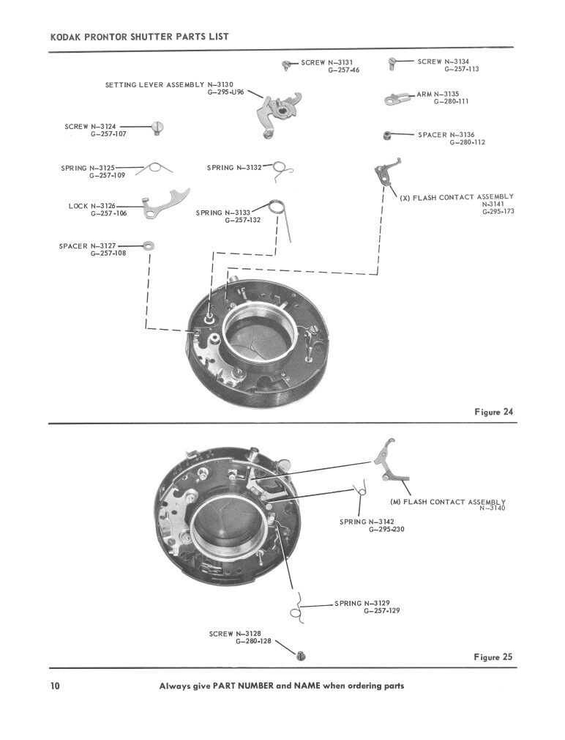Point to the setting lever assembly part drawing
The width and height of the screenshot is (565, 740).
tap(279, 111)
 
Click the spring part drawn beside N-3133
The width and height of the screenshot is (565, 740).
tap(279, 213)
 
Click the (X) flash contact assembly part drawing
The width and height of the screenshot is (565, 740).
tap(385, 173)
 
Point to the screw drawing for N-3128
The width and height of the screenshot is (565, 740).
tap(300, 654)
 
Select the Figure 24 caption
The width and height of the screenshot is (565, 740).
tap(493, 412)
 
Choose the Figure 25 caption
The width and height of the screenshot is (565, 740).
tap(493, 656)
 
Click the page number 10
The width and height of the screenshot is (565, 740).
tap(55, 686)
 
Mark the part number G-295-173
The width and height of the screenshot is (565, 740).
tap(498, 212)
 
